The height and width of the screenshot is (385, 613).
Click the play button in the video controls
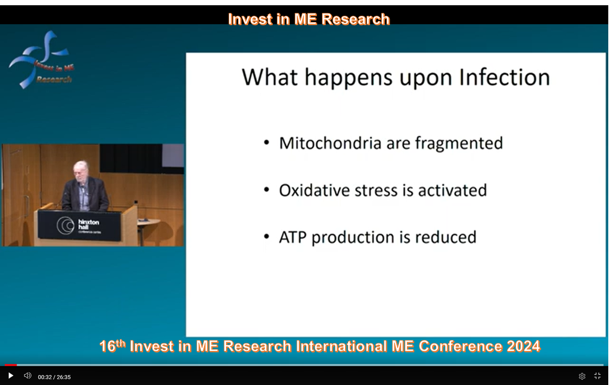click(10, 376)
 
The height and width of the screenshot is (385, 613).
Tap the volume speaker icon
click(27, 376)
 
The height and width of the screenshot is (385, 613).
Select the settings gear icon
click(582, 377)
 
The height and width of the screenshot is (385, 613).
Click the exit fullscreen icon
click(597, 376)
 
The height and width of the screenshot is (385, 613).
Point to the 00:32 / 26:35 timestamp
click(55, 377)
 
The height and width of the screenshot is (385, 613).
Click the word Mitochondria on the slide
click(330, 144)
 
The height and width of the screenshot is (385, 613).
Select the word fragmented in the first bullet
click(459, 144)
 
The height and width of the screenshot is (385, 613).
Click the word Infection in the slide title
click(504, 78)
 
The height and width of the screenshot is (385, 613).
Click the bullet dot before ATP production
click(266, 237)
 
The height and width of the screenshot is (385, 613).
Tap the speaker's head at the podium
click(81, 171)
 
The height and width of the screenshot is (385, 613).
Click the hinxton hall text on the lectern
click(89, 224)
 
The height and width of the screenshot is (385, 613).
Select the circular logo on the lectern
click(66, 225)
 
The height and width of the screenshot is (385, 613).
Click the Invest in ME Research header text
click(309, 19)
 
